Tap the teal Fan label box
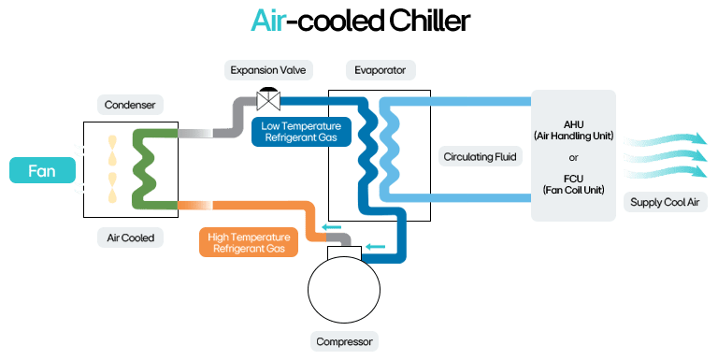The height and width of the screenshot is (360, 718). tap(42, 171)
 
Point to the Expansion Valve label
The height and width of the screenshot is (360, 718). tap(270, 70)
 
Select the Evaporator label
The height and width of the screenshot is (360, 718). tap(380, 70)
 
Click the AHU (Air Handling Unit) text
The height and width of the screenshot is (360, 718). tap(573, 128)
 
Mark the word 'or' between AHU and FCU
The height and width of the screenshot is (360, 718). tap(573, 156)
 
